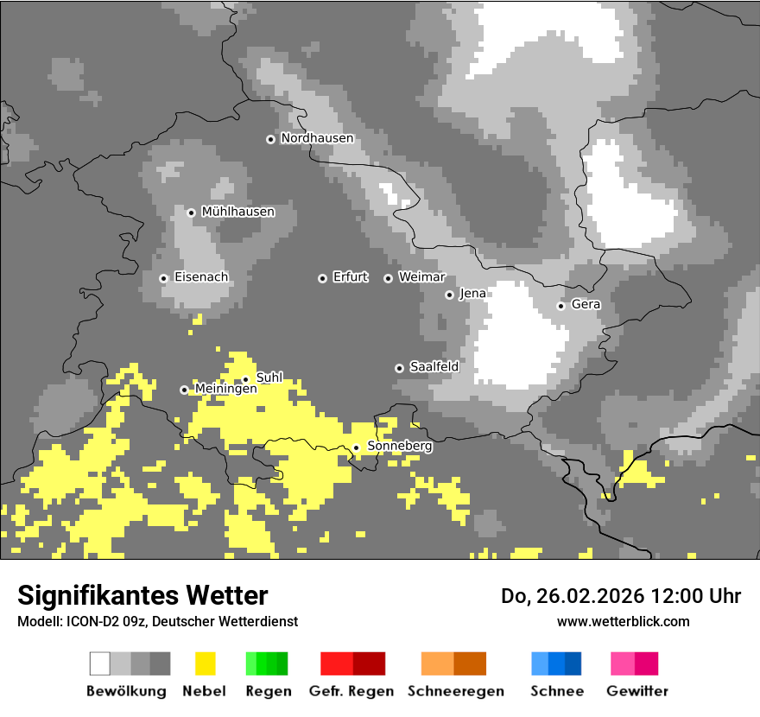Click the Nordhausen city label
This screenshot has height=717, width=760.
tap(317, 138)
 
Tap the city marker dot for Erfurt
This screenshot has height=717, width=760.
tap(322, 278)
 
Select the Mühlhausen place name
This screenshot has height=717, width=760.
tap(237, 212)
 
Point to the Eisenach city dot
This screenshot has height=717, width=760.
tap(163, 278)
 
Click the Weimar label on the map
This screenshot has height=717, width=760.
tap(421, 277)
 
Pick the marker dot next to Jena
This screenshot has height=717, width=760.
tap(449, 295)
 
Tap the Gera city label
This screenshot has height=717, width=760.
tap(586, 305)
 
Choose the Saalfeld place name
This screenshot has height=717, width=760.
tap(434, 367)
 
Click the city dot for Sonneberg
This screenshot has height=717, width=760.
tap(356, 447)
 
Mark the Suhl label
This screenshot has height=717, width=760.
tap(269, 378)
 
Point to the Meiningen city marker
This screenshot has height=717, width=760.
tap(184, 390)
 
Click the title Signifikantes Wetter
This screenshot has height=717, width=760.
tap(142, 595)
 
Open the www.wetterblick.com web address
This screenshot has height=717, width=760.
tap(623, 621)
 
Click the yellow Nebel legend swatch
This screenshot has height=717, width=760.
tap(205, 663)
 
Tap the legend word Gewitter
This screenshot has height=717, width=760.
tap(637, 691)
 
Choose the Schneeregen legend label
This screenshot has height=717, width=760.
tap(456, 691)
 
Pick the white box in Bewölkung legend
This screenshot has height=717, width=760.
tap(100, 663)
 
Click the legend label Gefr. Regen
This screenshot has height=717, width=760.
tap(351, 691)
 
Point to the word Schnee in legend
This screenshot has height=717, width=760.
tap(557, 691)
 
